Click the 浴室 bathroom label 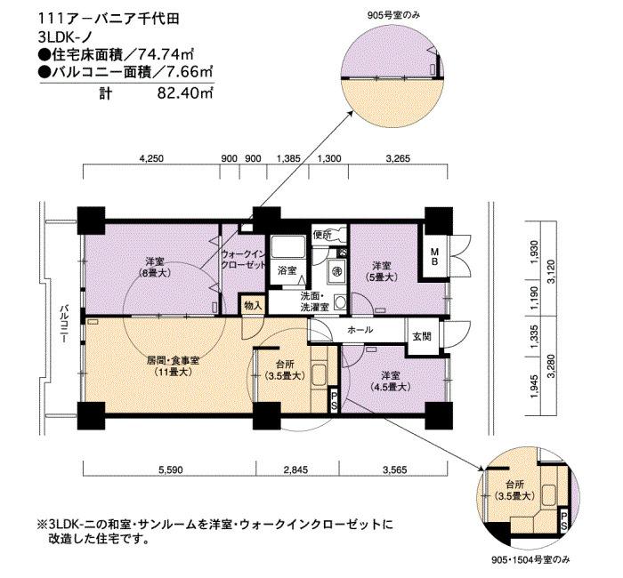click(x=287, y=270)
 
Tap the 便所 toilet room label click(x=322, y=235)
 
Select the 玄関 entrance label click(x=422, y=336)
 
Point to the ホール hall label click(x=360, y=330)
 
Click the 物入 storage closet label click(x=253, y=305)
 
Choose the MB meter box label click(x=435, y=256)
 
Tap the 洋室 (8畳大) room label click(x=155, y=267)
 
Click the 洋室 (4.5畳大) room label click(x=391, y=381)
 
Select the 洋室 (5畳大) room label click(x=381, y=271)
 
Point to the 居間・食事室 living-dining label click(x=173, y=366)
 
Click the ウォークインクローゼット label click(x=243, y=260)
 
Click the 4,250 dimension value click(x=151, y=158)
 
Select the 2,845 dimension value click(x=296, y=470)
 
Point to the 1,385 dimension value click(x=288, y=158)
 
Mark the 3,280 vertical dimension click(x=550, y=366)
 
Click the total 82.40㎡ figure click(x=185, y=93)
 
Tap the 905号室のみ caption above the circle click(x=393, y=15)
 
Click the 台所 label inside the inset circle click(x=514, y=485)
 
